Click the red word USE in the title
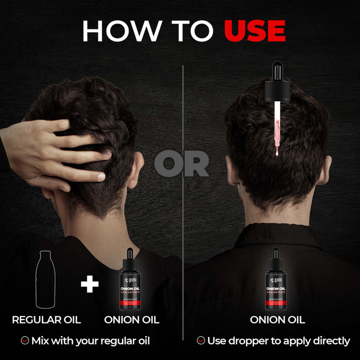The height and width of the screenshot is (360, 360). [255, 31]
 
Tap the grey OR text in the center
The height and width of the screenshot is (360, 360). [182, 165]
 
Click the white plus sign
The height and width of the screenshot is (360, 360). [90, 284]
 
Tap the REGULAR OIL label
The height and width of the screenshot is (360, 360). [46, 320]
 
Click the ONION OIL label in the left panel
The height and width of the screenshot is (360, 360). [131, 320]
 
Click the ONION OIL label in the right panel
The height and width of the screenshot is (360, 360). [277, 320]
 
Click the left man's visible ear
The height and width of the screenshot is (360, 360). [134, 171]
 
